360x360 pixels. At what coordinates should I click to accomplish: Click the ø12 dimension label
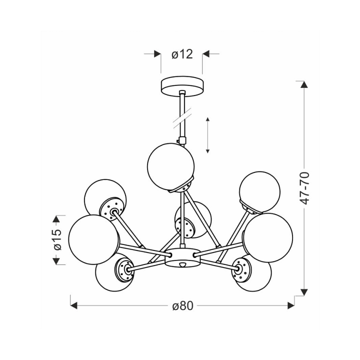tap(182, 54)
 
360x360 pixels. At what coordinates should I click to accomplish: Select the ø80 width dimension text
tap(183, 306)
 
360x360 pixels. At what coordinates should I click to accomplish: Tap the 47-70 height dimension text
tap(305, 188)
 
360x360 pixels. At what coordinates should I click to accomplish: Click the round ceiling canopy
tap(182, 86)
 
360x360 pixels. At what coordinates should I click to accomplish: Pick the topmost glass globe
tap(171, 166)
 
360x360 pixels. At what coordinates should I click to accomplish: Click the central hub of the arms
tap(182, 257)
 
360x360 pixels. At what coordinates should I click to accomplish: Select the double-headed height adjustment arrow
tap(207, 135)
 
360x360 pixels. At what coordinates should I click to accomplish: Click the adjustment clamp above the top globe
tap(182, 140)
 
